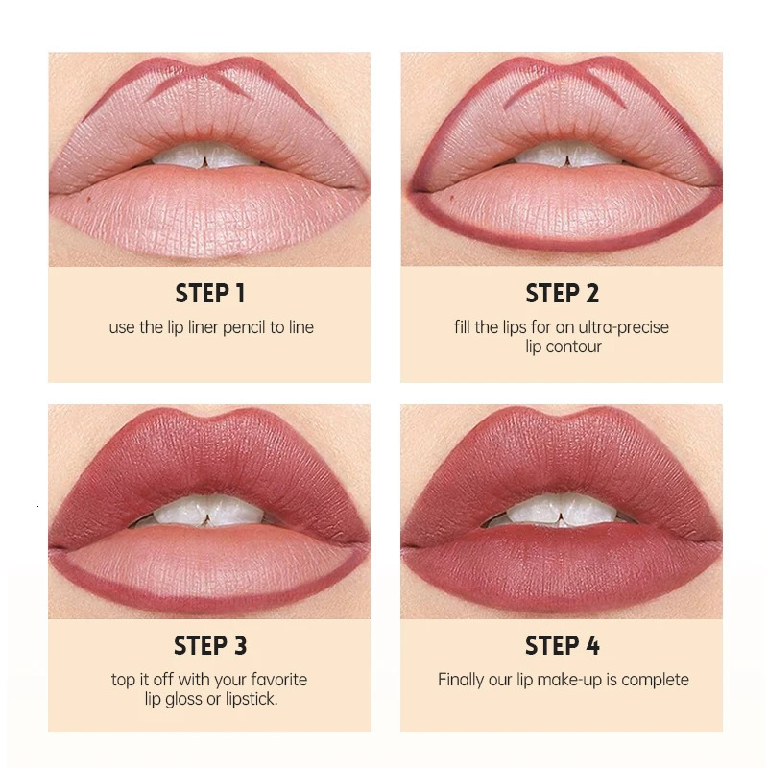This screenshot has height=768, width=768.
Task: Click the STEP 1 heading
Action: point(209,293)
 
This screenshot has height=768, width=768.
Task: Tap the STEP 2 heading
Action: point(562,293)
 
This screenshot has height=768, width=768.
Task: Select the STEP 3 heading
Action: point(209,645)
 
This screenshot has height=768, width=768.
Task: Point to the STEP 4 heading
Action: point(562,645)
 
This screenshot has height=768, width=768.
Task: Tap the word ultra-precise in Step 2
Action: point(623,327)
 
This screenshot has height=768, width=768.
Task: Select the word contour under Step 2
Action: point(575,347)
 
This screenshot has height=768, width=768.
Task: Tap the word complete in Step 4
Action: point(655,680)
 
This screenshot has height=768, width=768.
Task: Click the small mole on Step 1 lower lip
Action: point(87,199)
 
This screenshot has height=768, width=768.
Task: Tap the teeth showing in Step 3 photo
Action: point(209,511)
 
